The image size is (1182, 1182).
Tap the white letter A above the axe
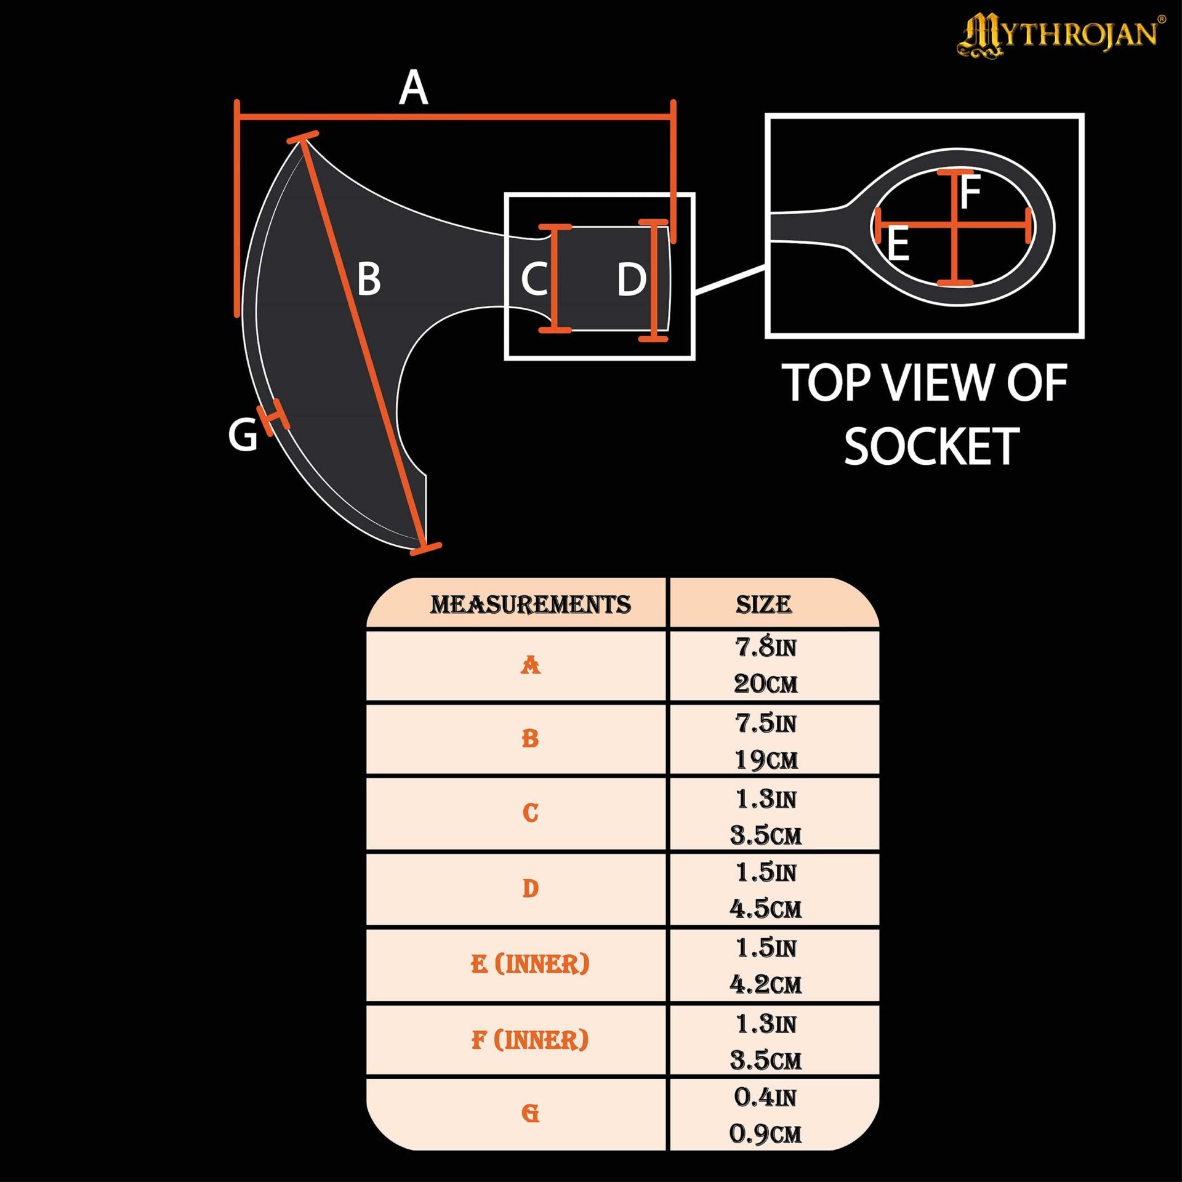point(413,87)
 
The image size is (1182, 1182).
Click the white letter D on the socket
point(632,279)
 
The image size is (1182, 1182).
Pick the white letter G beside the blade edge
point(243,435)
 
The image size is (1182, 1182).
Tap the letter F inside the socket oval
point(970,192)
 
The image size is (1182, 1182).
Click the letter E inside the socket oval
point(898,244)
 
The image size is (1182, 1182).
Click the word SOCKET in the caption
point(931,446)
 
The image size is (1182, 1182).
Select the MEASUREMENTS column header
point(530,605)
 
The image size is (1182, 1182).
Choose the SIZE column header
point(763,605)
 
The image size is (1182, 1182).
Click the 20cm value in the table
point(765,683)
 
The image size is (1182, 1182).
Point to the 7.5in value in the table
point(766,723)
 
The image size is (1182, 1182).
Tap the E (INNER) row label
point(530,964)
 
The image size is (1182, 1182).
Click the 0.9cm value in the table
point(765,1134)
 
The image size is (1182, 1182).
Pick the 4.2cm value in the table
point(765,984)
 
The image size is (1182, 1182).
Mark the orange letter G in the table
point(530,1113)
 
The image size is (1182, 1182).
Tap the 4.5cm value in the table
point(765,909)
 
